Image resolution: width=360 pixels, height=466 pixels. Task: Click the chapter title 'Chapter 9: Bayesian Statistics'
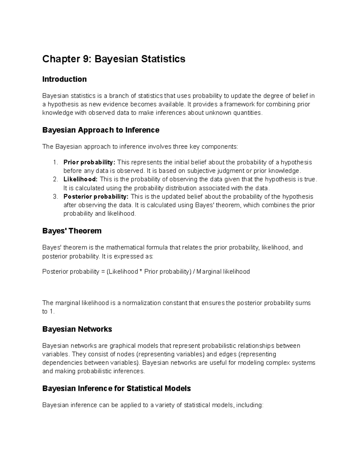pos(114,59)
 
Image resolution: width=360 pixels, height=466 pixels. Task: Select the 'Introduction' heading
pos(64,79)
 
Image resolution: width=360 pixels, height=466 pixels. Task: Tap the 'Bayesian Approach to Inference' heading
pos(100,130)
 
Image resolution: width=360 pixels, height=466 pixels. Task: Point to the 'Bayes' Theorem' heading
pos(72,231)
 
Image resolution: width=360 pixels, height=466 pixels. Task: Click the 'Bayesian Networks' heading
pos(77,329)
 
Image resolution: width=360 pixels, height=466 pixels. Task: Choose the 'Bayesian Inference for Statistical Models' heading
pos(116,389)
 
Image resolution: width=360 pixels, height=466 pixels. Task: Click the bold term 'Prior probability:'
pos(89,162)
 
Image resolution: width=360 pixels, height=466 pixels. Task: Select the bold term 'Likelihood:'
pos(80,179)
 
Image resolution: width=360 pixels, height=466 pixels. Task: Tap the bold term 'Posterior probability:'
pos(96,197)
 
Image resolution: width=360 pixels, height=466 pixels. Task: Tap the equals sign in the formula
pos(103,272)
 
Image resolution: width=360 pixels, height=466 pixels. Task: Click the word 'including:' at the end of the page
pos(250,405)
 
